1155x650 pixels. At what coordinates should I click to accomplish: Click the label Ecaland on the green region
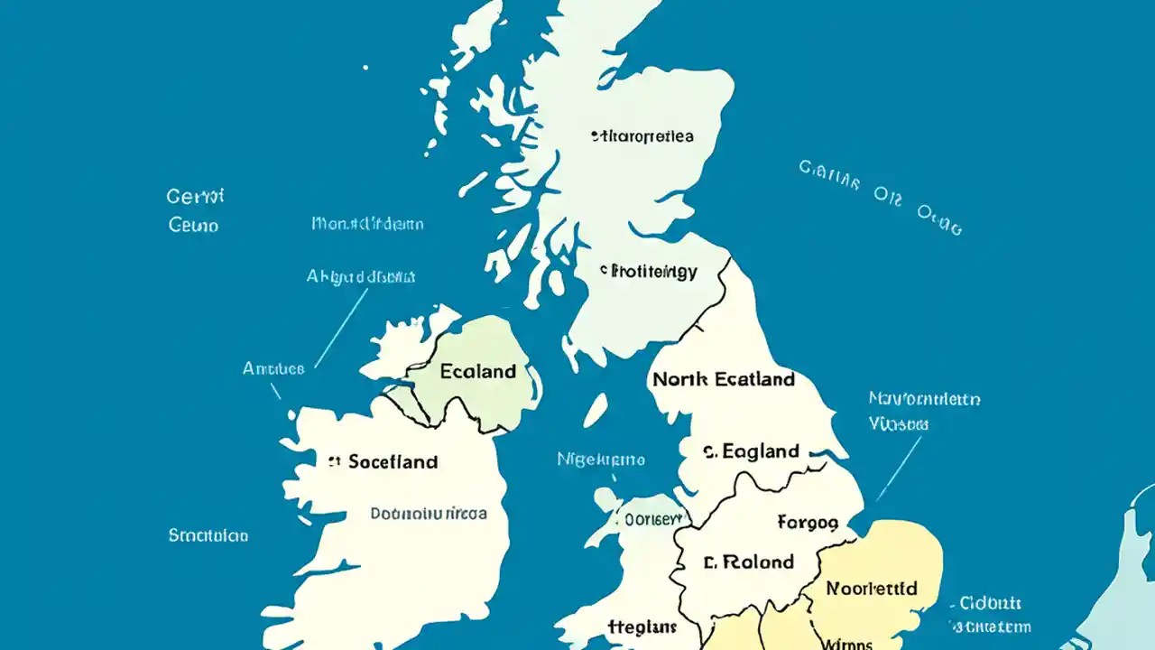[x=478, y=371]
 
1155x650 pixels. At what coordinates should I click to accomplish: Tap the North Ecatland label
[x=723, y=379]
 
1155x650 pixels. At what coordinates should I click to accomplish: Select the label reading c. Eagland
[x=751, y=451]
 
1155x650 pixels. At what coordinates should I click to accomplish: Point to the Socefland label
[x=383, y=462]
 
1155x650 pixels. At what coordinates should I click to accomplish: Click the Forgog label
[x=808, y=522]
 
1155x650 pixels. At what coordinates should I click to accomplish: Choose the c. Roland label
[x=748, y=562]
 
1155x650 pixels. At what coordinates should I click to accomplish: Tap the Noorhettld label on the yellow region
[x=872, y=589]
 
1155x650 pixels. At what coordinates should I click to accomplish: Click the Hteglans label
[x=642, y=627]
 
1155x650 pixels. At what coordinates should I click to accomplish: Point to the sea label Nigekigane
[x=600, y=460]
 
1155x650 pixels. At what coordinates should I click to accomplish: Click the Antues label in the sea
[x=273, y=368]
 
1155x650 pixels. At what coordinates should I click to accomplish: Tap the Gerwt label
[x=195, y=196]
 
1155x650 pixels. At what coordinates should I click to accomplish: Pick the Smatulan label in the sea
[x=208, y=535]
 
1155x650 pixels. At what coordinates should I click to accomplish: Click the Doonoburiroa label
[x=429, y=514]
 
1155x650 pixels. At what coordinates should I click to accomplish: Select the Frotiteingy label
[x=649, y=271]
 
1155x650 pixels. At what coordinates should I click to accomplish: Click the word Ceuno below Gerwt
[x=193, y=225]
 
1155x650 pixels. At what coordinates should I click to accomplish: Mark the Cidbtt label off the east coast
[x=991, y=603]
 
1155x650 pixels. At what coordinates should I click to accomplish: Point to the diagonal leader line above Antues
[x=341, y=329]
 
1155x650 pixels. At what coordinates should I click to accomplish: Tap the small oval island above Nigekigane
[x=595, y=410]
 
